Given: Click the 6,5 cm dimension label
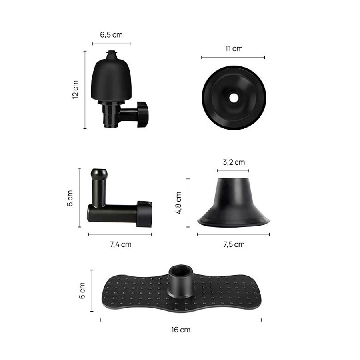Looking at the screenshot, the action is click(111, 35).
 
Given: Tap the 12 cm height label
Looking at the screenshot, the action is click(75, 90).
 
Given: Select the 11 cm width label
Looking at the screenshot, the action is click(234, 49).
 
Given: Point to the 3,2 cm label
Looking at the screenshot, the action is click(234, 162).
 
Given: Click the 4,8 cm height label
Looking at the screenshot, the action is click(178, 203).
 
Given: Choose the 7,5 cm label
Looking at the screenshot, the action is click(234, 244).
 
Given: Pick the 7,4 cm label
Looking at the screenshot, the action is click(120, 244).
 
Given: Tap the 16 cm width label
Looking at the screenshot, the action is click(181, 330).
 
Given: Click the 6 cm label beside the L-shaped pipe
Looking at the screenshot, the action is click(70, 198).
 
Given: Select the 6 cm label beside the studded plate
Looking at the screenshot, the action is click(82, 291).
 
